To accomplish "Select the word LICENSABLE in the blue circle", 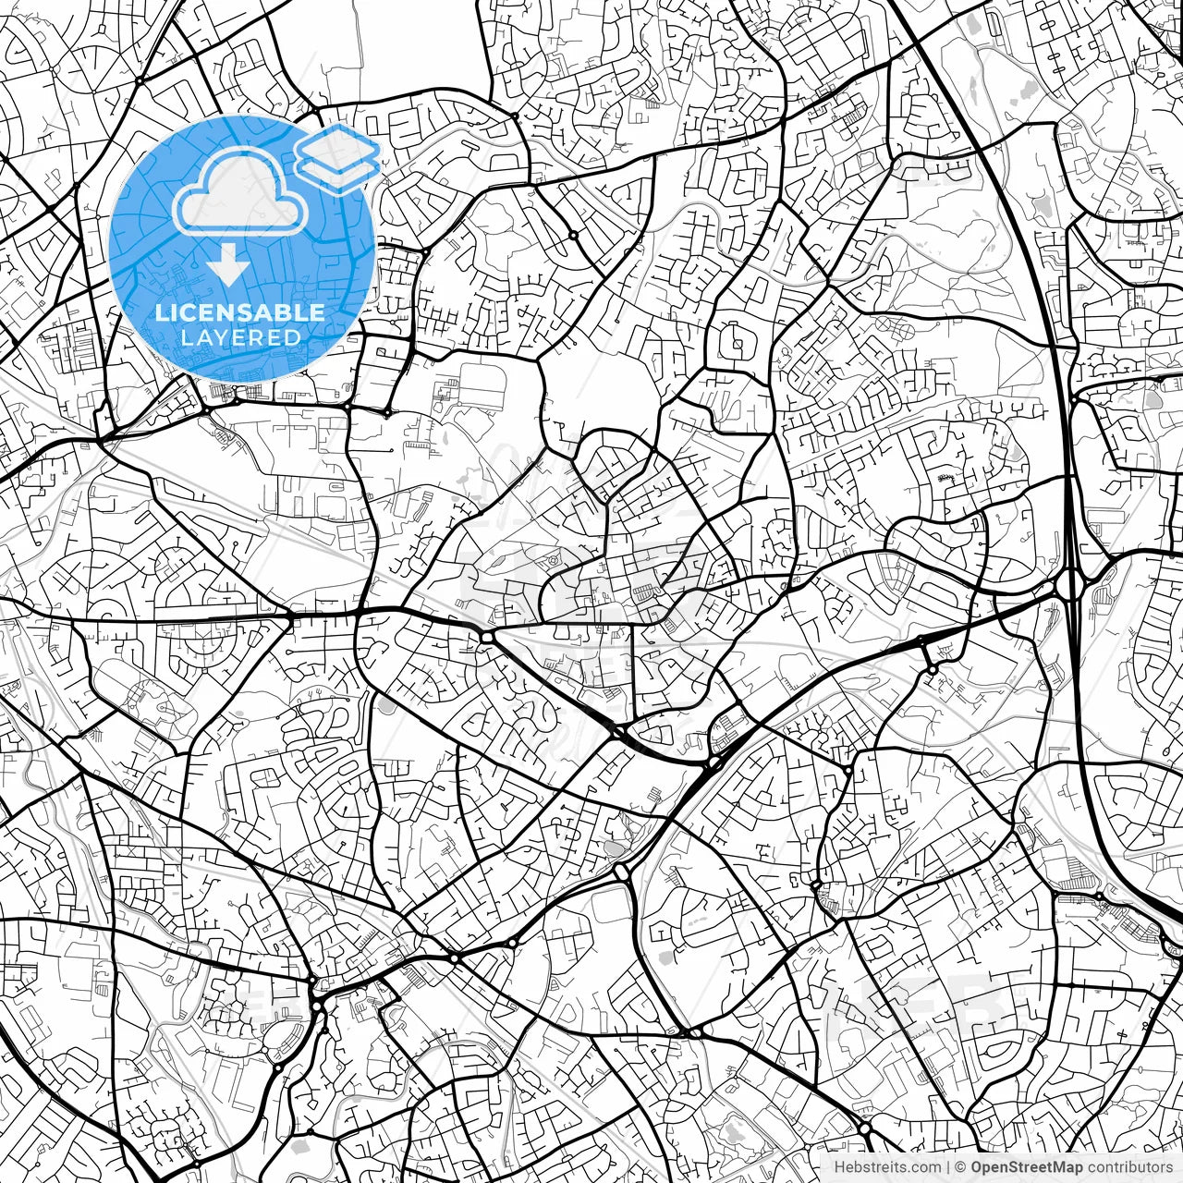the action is (x=240, y=312).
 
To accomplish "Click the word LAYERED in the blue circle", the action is (x=240, y=337).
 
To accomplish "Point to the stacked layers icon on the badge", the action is (x=337, y=157).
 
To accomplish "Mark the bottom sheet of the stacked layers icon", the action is (x=337, y=171).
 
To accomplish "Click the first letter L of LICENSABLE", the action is (x=160, y=312).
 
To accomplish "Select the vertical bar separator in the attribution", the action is (x=949, y=1167).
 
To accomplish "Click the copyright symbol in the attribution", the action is (x=961, y=1167).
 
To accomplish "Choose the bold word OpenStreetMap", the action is (x=1027, y=1167).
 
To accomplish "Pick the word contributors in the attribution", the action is (x=1128, y=1167).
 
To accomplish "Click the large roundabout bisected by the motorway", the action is (x=1072, y=584).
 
